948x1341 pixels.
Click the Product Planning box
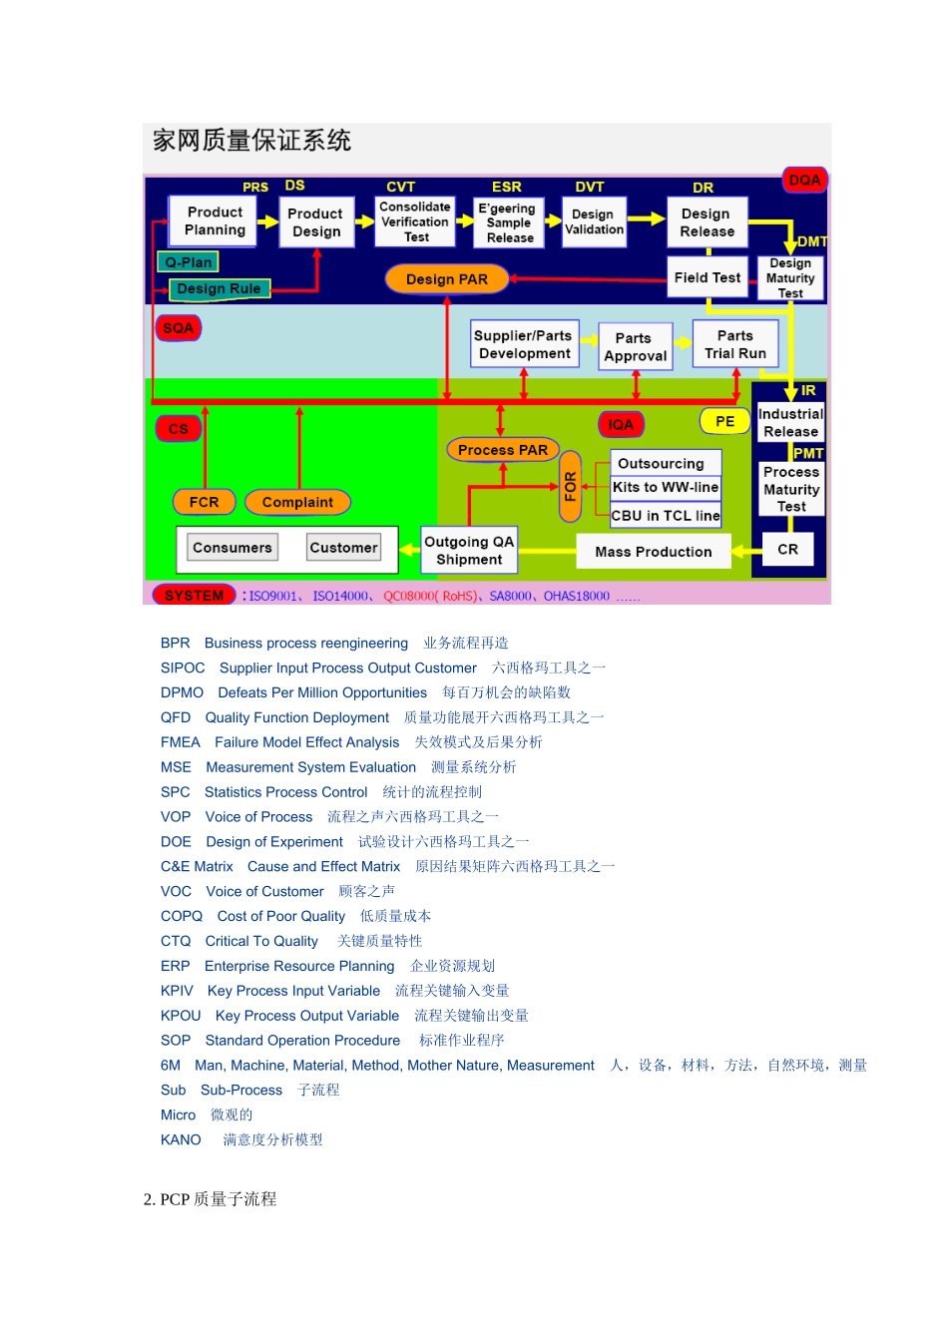[214, 222]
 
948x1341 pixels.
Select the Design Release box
[707, 223]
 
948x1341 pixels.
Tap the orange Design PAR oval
[446, 279]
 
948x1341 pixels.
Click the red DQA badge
[804, 181]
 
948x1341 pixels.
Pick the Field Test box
[707, 278]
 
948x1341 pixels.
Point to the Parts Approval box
[635, 347]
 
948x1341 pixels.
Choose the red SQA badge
[179, 328]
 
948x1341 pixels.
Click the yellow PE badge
[725, 422]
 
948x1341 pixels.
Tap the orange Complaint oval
[297, 502]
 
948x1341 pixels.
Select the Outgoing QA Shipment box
[469, 551]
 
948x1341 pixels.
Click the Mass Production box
[654, 552]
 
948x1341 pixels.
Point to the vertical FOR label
[571, 487]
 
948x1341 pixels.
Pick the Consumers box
[232, 548]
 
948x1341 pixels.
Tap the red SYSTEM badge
[194, 596]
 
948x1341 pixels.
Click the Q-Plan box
[189, 262]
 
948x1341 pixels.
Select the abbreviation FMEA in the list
[180, 742]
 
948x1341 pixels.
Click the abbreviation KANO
[181, 1139]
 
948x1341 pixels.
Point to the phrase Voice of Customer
[264, 891]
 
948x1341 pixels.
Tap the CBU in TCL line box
[666, 516]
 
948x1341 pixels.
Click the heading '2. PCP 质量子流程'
[210, 1199]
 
